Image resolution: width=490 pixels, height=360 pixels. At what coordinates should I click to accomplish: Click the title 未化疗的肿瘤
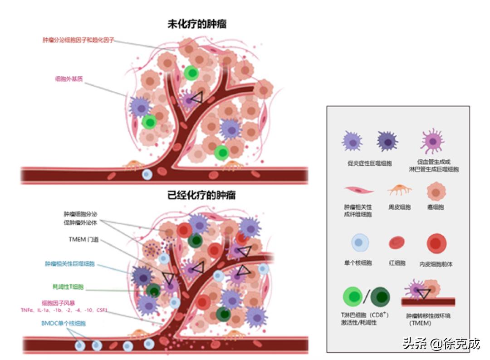197,25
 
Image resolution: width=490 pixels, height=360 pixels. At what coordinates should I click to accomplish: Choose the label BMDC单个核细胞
63,324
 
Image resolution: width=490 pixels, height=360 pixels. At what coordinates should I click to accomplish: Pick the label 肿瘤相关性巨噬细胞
69,264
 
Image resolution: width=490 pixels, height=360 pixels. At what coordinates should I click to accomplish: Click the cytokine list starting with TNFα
75,310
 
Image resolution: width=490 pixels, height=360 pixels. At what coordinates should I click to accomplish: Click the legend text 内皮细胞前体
436,264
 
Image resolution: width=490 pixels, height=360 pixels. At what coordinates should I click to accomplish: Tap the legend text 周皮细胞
399,207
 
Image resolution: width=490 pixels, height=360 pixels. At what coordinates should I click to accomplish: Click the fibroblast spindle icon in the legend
358,190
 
